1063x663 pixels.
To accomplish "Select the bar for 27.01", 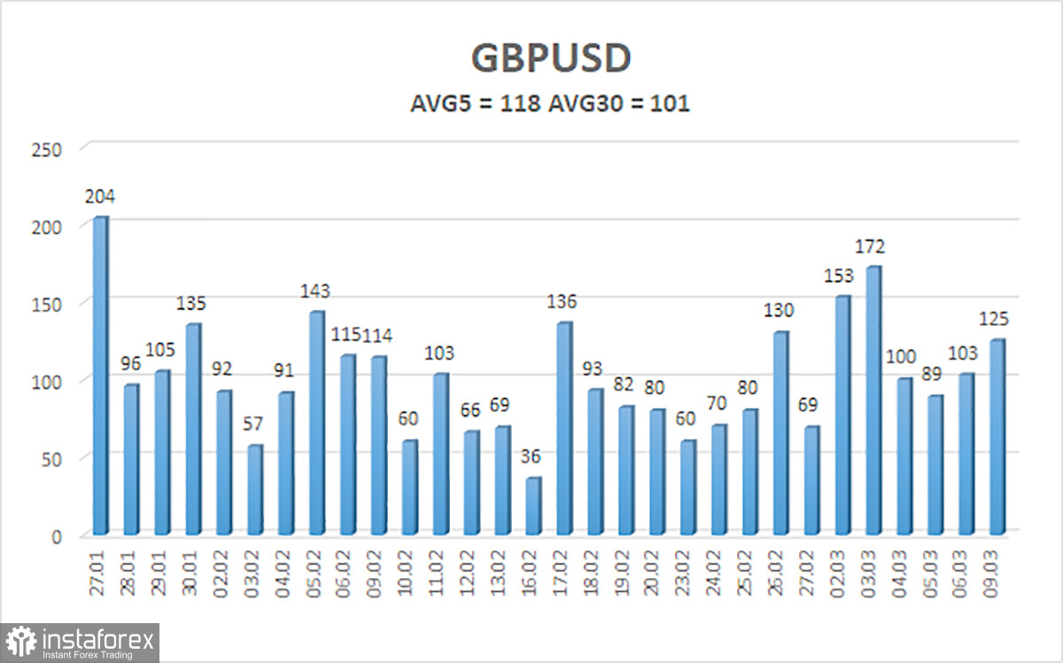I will (x=100, y=376).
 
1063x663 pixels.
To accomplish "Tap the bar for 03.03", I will (x=873, y=400).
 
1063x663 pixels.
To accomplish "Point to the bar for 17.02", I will (x=564, y=428).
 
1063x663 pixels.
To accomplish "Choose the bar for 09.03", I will (x=997, y=437).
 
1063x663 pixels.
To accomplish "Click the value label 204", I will (x=100, y=197).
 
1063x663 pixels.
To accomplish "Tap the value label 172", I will (x=870, y=246).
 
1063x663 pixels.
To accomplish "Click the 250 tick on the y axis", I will (x=51, y=150).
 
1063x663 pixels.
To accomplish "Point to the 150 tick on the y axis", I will (x=51, y=304).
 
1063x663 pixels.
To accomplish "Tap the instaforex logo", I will (x=81, y=641).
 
